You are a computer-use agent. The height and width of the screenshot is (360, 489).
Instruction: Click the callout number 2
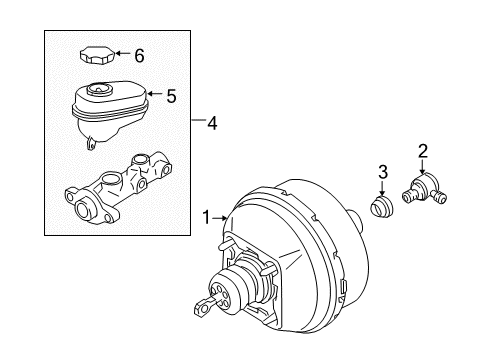tap(423, 151)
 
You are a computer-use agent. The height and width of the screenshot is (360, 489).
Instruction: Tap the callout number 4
tap(210, 123)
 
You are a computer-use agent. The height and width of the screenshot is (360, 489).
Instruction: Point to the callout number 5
tap(170, 97)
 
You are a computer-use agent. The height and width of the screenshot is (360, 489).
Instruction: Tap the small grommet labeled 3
tap(381, 213)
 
